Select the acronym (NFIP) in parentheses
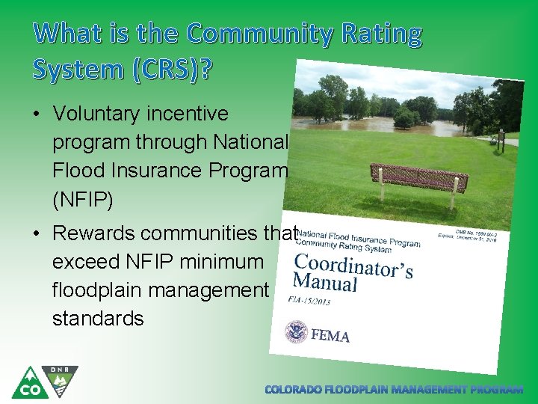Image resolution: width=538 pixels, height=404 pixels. pyautogui.click(x=84, y=199)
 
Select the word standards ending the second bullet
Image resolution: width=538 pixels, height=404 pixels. pyautogui.click(x=98, y=319)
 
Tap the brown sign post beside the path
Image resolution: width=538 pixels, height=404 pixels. pyautogui.click(x=501, y=140)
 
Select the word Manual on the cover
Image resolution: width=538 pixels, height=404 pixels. pyautogui.click(x=325, y=281)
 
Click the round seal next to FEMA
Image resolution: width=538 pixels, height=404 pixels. pyautogui.click(x=296, y=331)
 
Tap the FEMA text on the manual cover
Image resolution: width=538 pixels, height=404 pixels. pyautogui.click(x=330, y=336)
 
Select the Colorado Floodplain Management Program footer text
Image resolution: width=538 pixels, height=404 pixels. pyautogui.click(x=395, y=390)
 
